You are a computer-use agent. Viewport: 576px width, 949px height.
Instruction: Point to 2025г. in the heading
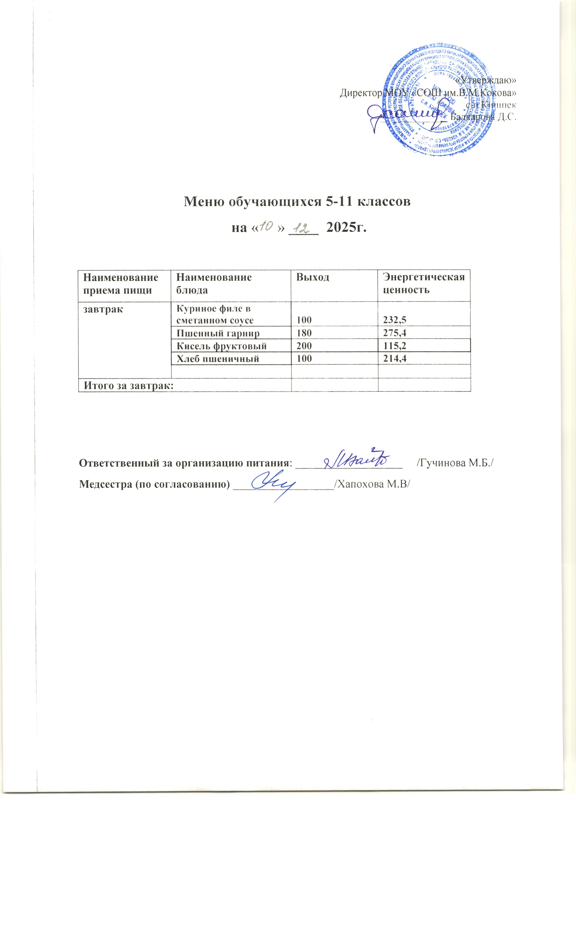[x=346, y=228]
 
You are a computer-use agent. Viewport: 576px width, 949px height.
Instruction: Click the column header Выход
[x=313, y=277]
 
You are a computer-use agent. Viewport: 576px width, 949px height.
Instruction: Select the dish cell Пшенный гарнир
[x=218, y=333]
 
